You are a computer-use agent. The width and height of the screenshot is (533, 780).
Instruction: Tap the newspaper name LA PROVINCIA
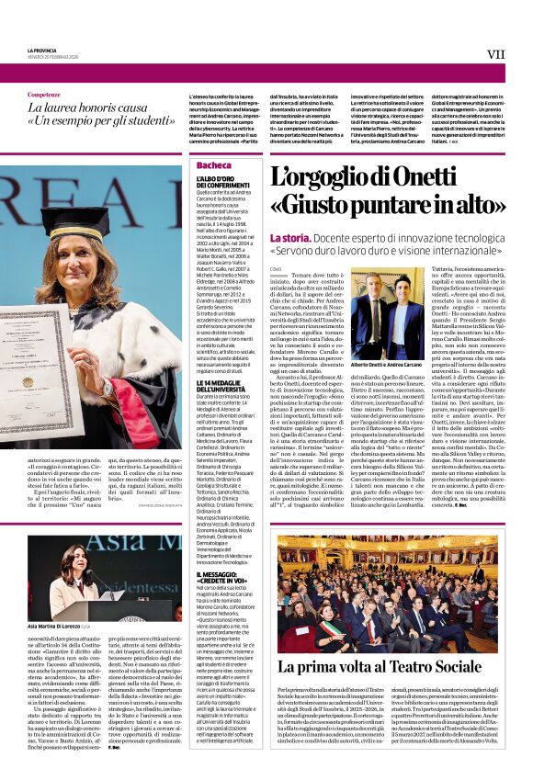(x=42, y=51)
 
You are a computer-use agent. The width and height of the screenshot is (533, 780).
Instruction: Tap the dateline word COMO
(x=275, y=268)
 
